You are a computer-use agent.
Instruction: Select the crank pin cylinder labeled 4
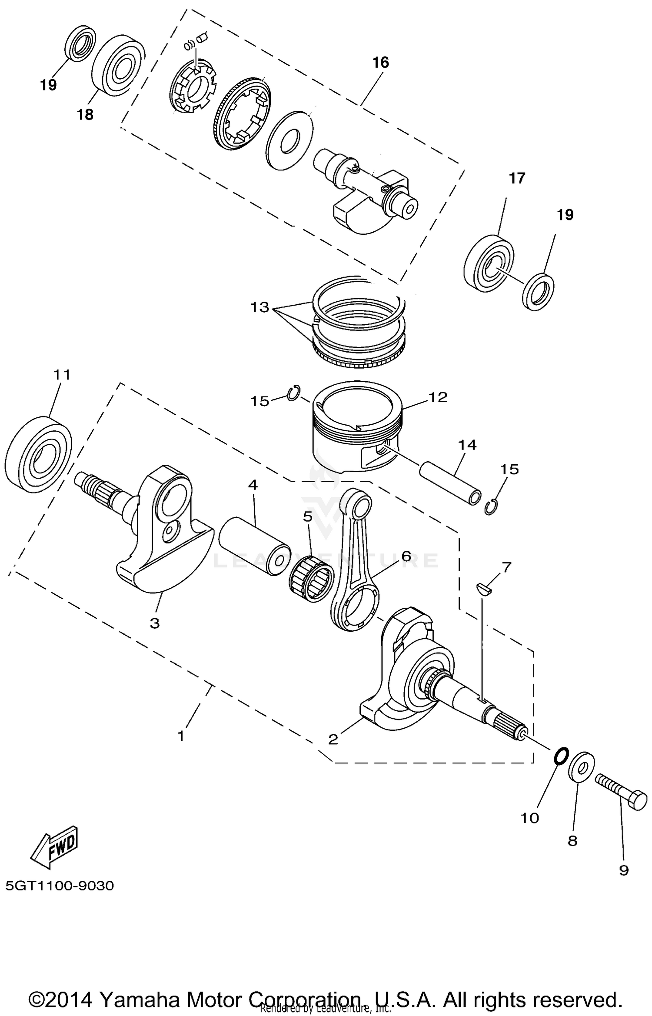pyautogui.click(x=254, y=546)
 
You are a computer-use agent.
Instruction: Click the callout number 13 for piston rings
pyautogui.click(x=259, y=307)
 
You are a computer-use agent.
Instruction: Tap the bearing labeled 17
pyautogui.click(x=489, y=263)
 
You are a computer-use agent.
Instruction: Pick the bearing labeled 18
pyautogui.click(x=118, y=63)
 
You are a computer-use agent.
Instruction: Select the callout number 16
pyautogui.click(x=380, y=63)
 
